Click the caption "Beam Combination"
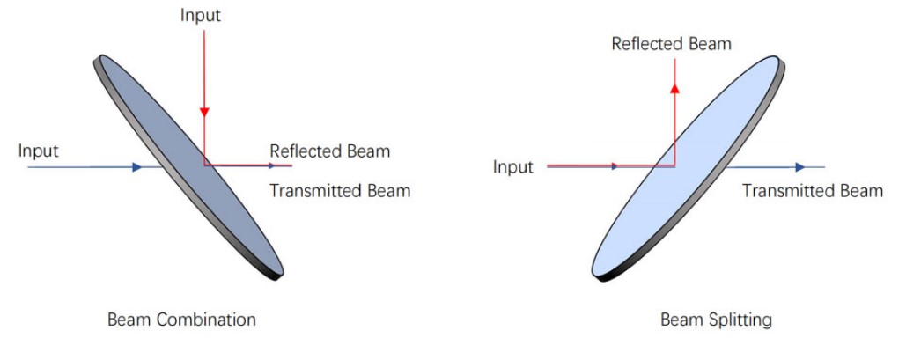pos(181,320)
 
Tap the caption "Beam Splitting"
pos(716,320)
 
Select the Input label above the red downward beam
pos(201,16)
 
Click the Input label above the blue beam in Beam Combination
pos(39,151)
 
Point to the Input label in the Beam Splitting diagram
pos(513,167)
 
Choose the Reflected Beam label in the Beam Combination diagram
pos(330,151)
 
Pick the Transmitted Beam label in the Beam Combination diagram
pos(341,191)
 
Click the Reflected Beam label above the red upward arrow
pos(672,44)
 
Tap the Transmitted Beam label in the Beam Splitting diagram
pos(813,191)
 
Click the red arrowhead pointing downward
pos(204,112)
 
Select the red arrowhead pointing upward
pos(674,88)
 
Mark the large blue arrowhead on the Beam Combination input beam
pos(137,167)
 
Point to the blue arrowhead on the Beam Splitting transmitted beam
pos(800,167)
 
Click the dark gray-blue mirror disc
pos(188,167)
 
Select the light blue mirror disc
pos(689,168)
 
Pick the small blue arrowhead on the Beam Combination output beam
pos(272,165)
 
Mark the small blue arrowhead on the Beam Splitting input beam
pos(615,166)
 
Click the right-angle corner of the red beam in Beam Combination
pos(204,165)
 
